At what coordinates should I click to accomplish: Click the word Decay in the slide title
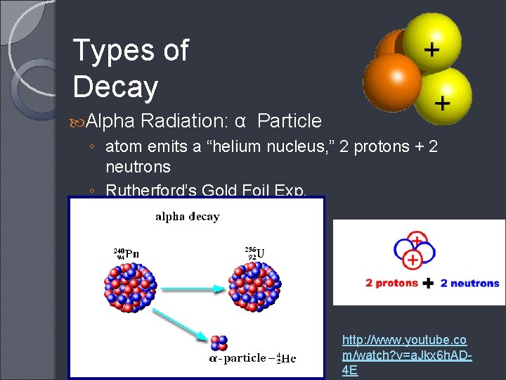[x=115, y=87]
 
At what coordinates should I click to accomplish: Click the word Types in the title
[x=111, y=51]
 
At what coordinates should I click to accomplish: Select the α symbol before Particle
[x=240, y=122]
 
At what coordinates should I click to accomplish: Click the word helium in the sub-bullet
[x=228, y=146]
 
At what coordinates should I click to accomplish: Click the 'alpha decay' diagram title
[x=187, y=217]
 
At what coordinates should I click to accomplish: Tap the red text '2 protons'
[x=392, y=284]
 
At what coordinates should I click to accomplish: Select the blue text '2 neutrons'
[x=469, y=284]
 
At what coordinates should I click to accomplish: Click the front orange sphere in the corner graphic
[x=391, y=81]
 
